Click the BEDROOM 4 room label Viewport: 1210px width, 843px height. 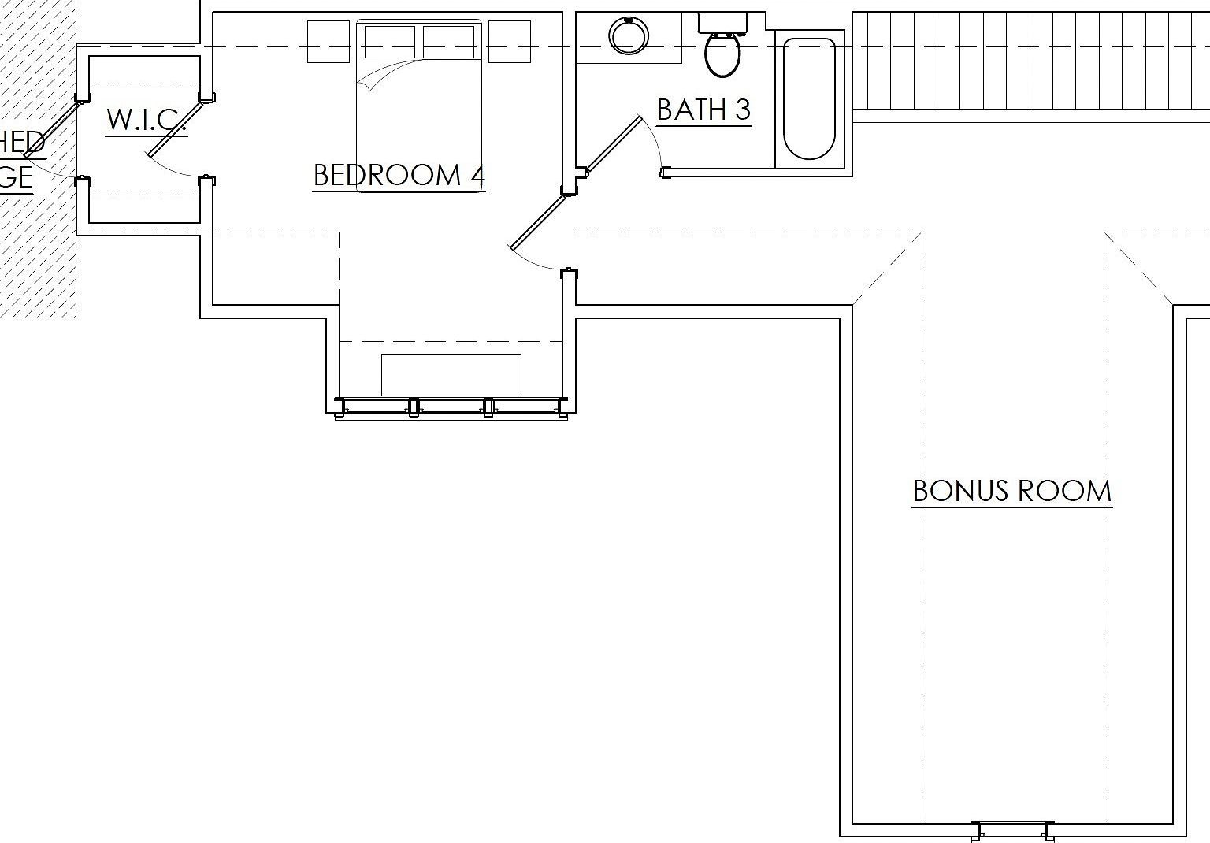pos(399,175)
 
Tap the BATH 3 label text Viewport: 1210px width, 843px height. pos(703,110)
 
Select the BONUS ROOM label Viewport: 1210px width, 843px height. pos(1011,491)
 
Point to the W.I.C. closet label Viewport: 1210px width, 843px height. pos(146,120)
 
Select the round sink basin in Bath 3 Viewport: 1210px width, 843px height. pos(629,35)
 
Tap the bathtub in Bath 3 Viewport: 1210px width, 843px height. pos(809,98)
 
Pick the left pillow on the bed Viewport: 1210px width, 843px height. pos(389,42)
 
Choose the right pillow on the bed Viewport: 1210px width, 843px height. pos(448,42)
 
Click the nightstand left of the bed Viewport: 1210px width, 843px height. pos(328,42)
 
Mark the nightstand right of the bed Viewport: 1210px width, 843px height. pos(509,42)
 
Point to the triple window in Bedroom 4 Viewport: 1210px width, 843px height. pos(451,407)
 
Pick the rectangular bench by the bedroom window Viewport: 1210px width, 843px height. pos(451,374)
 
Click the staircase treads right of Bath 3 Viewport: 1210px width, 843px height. pos(1030,61)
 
